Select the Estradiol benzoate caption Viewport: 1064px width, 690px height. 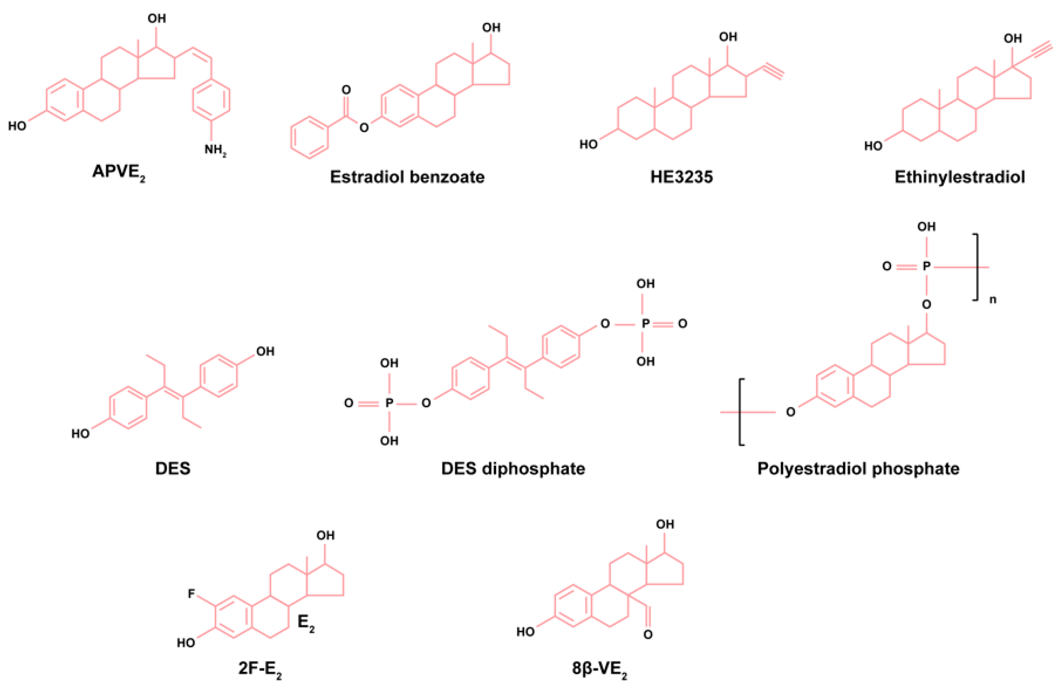coord(407,177)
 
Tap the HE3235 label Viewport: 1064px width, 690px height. coord(681,177)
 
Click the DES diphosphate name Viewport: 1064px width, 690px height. coord(513,469)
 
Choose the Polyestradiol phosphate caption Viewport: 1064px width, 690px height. coord(858,469)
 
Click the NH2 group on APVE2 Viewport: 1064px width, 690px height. coord(215,149)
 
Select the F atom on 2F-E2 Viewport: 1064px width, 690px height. coord(191,594)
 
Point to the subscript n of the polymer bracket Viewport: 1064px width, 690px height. coord(992,300)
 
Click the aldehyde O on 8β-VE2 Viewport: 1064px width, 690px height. coord(648,634)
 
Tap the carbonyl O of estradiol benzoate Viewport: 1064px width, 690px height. coord(346,90)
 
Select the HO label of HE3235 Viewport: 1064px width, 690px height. coord(588,144)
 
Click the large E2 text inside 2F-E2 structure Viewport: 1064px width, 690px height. coord(306,623)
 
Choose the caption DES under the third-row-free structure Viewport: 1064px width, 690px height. coord(173,469)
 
